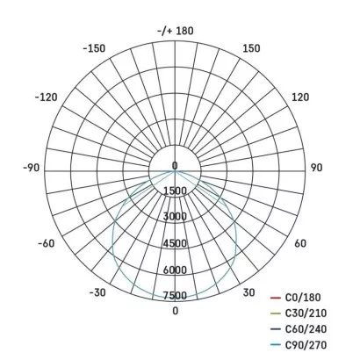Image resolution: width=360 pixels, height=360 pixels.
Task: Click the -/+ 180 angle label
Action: click(175, 31)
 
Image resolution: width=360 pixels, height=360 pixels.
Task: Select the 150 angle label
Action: click(251, 48)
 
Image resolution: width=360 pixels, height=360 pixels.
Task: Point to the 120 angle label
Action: click(299, 97)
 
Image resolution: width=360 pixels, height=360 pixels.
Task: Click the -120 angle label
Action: click(46, 97)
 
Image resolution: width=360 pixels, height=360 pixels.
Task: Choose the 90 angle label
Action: click(317, 166)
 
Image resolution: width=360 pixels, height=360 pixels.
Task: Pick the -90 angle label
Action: click(32, 166)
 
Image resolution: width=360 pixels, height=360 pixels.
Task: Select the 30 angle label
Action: click(249, 292)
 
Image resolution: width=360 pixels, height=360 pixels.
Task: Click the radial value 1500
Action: click(175, 191)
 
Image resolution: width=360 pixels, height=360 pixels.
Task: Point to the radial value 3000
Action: click(175, 216)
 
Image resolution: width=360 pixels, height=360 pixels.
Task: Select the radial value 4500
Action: click(175, 243)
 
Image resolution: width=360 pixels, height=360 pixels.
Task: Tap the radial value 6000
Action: click(175, 270)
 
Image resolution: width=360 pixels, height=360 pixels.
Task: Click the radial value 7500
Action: click(175, 295)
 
